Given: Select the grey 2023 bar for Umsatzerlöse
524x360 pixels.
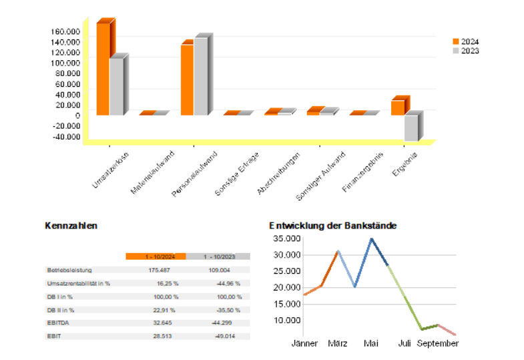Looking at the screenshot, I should pyautogui.click(x=116, y=87).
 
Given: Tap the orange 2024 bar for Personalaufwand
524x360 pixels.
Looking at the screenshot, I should pyautogui.click(x=187, y=79).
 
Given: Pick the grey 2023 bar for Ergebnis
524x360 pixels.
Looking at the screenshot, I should pyautogui.click(x=411, y=128).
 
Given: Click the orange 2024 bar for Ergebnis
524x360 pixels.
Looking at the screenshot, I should pyautogui.click(x=397, y=108).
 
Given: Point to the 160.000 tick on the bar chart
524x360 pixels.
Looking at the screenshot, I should pyautogui.click(x=65, y=32).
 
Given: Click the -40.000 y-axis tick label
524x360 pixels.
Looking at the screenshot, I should pyautogui.click(x=65, y=137).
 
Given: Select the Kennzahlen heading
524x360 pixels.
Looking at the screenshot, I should pyautogui.click(x=71, y=226).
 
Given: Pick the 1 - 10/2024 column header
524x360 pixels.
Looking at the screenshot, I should pyautogui.click(x=156, y=256).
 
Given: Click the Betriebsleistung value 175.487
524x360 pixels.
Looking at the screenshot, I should pyautogui.click(x=159, y=271).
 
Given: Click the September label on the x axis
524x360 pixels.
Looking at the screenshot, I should pyautogui.click(x=438, y=344).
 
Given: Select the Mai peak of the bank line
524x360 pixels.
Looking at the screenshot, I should pyautogui.click(x=371, y=238).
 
